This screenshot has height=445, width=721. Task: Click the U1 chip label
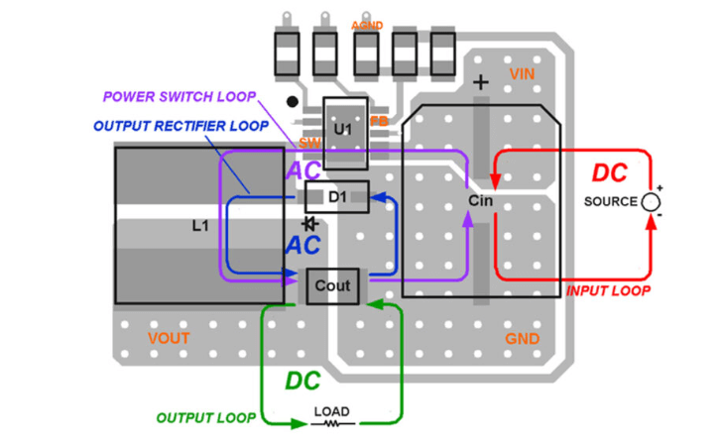point(342,130)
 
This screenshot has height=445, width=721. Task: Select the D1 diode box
point(337,197)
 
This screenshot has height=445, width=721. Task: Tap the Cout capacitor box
point(332,285)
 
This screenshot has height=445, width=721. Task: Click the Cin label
point(481,201)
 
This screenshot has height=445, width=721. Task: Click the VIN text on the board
point(523,74)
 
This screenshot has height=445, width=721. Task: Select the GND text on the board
point(523,339)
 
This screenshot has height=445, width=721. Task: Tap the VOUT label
point(169,339)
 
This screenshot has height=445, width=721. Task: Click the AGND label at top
point(367,24)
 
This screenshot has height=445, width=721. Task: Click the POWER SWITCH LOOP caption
point(179,97)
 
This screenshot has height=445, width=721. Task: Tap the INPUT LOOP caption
point(608,291)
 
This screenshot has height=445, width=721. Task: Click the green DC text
point(302,381)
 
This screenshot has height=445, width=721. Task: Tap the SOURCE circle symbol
point(651,202)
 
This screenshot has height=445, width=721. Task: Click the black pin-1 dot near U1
point(292,101)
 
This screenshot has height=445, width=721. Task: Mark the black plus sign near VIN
point(481,83)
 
